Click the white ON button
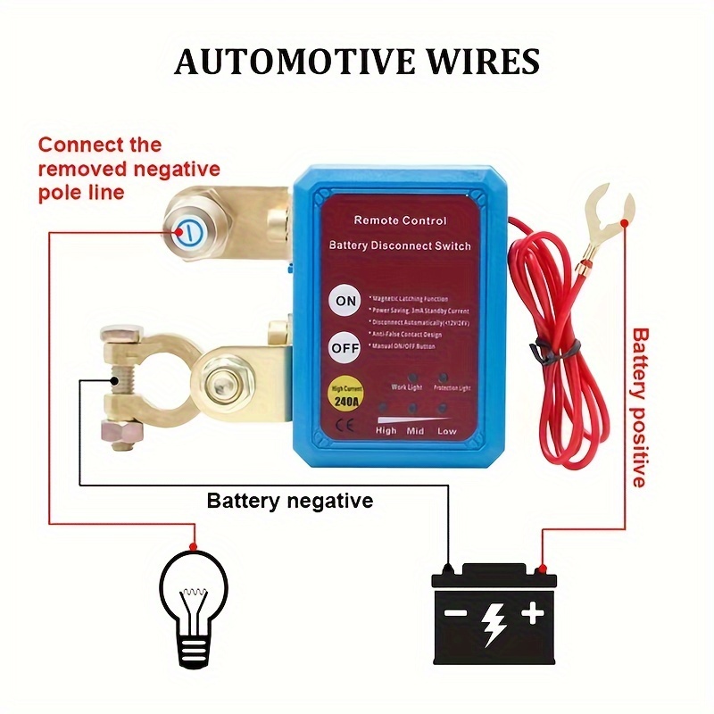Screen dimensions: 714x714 (345, 302)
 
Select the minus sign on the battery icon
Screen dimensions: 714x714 (456, 613)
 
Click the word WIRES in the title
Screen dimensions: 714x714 (488, 62)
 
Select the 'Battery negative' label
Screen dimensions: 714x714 (289, 501)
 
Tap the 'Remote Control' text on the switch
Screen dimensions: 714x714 (400, 220)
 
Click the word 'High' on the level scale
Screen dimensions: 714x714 (386, 430)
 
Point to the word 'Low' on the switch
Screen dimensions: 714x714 (447, 430)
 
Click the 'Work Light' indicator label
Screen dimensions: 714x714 (406, 386)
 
